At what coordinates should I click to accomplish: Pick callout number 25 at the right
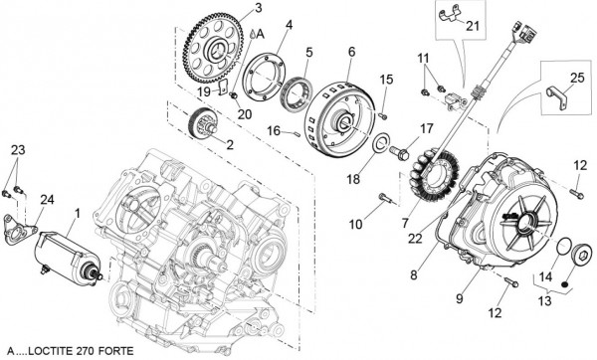pyautogui.click(x=578, y=78)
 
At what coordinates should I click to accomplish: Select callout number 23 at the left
pyautogui.click(x=16, y=149)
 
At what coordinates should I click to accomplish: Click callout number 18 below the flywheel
pyautogui.click(x=351, y=180)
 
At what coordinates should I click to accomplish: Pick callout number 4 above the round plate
pyautogui.click(x=287, y=24)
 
